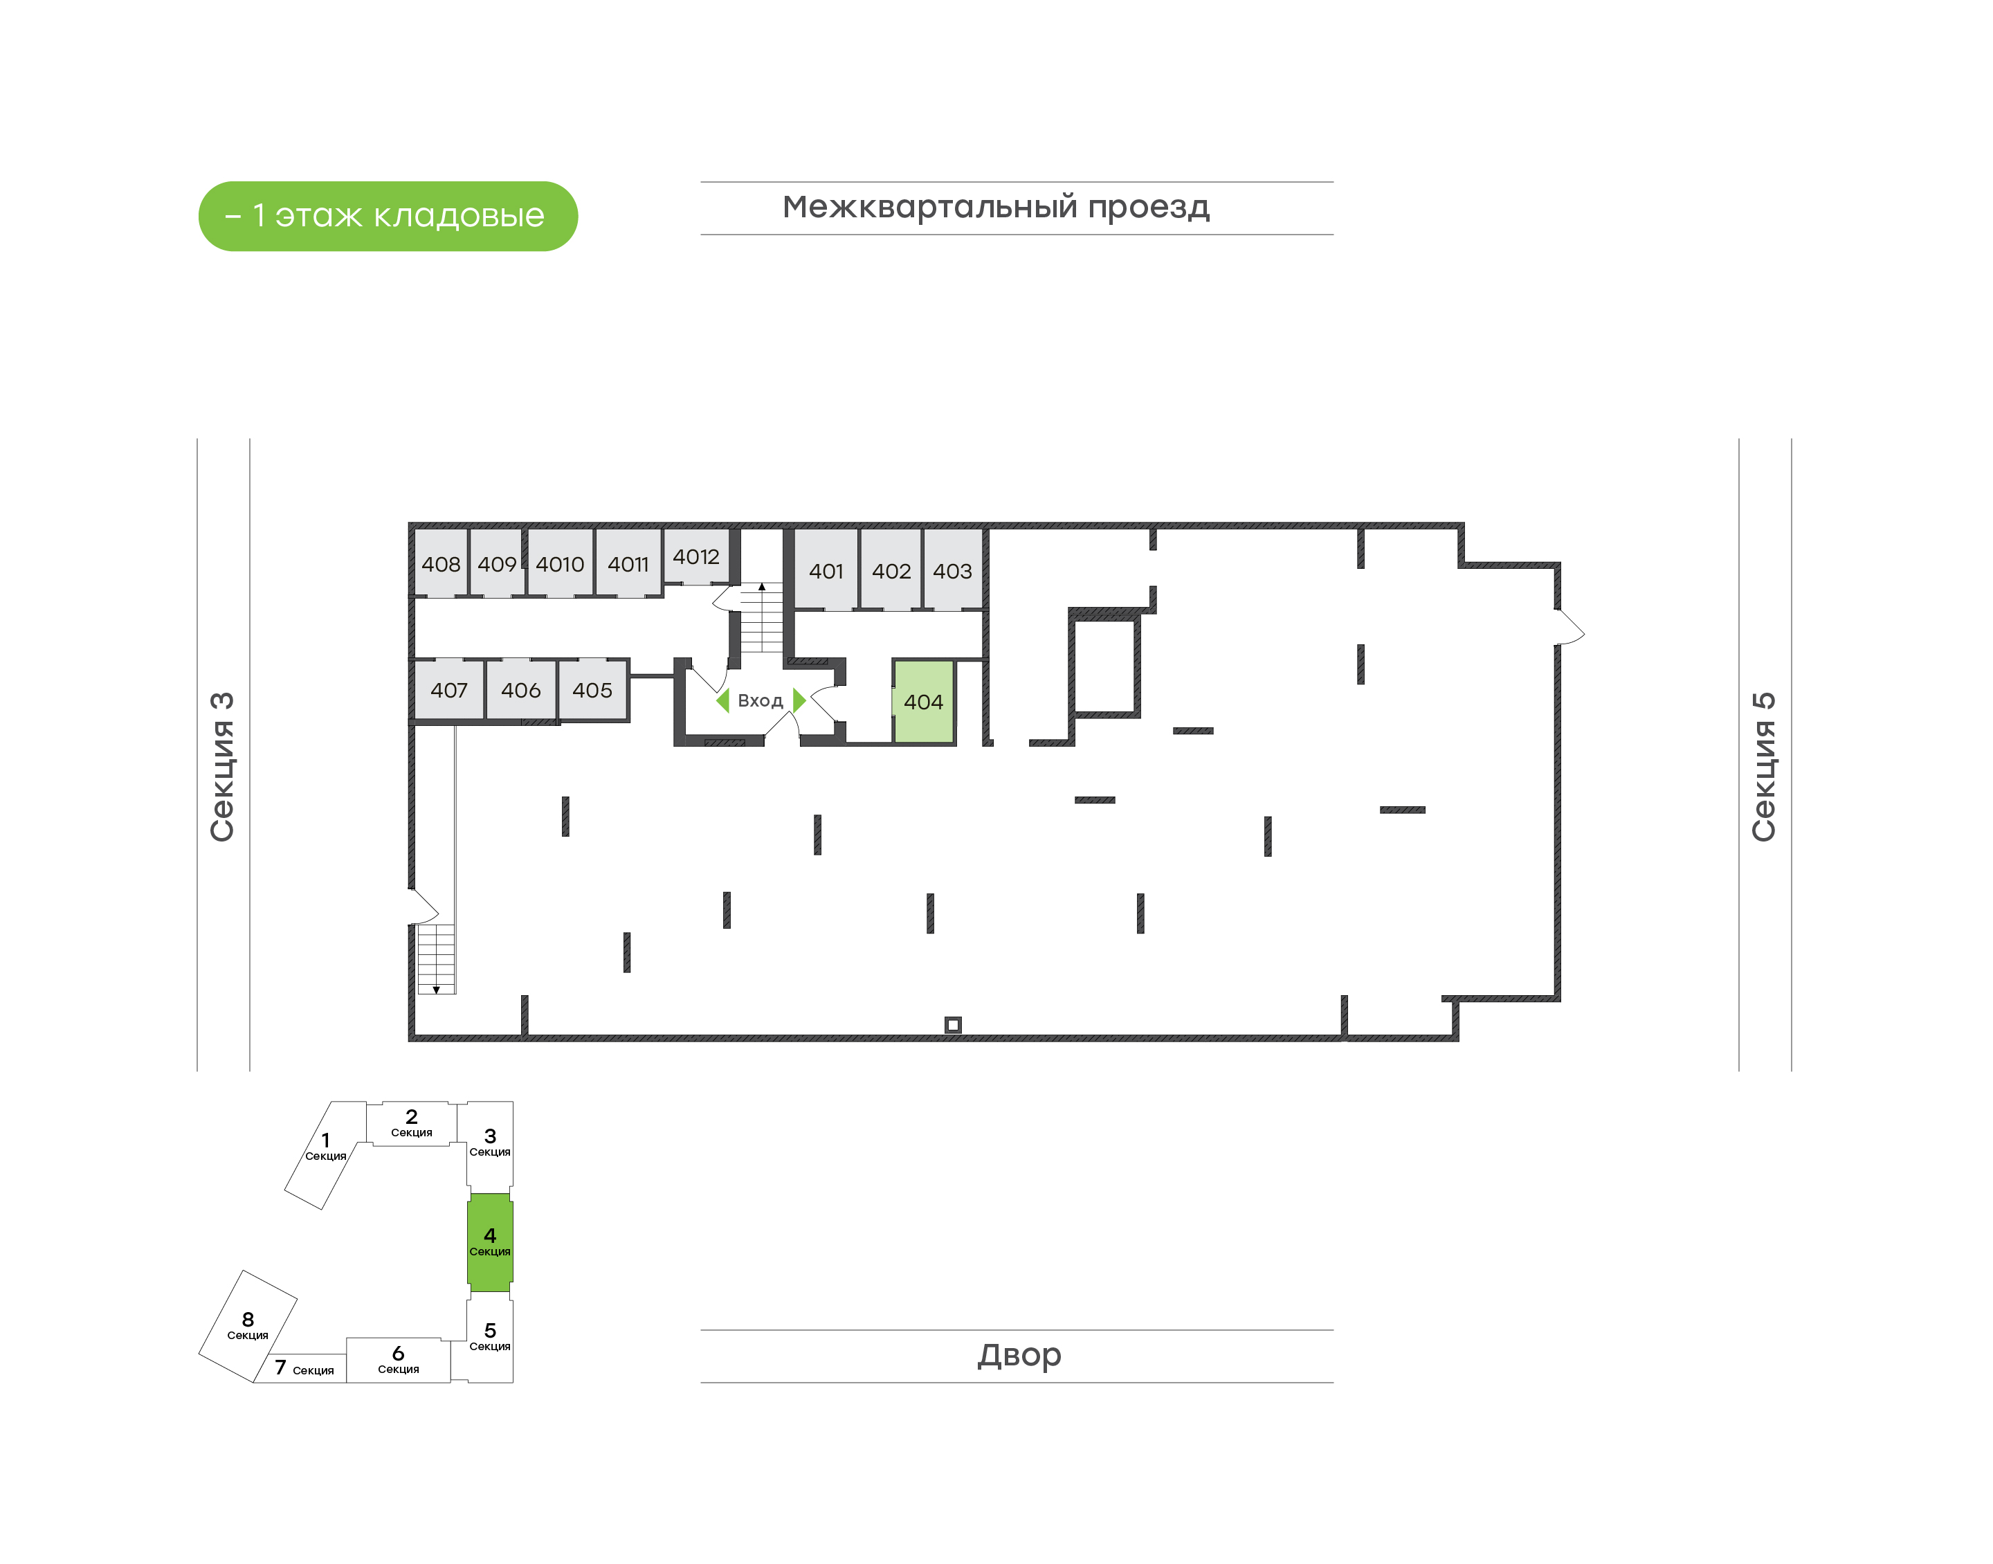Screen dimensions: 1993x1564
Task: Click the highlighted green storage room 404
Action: (924, 702)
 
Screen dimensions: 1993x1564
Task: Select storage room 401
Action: (826, 569)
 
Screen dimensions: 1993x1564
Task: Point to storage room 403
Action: (952, 569)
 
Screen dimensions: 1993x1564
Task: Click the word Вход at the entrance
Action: (760, 700)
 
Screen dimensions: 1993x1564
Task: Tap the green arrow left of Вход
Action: (723, 700)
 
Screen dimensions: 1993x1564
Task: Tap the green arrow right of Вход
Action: (799, 700)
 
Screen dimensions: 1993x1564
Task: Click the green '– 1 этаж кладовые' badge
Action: (388, 216)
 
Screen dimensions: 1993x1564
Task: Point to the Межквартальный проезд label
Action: (996, 207)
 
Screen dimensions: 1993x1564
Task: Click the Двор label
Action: (1019, 1354)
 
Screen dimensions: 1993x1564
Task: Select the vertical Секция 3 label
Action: (222, 767)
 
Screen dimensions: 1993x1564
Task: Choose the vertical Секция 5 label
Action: (1763, 767)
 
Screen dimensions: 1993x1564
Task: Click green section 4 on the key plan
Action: (490, 1242)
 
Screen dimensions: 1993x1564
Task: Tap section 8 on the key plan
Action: (248, 1326)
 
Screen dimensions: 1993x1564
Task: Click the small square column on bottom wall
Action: (953, 1025)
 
